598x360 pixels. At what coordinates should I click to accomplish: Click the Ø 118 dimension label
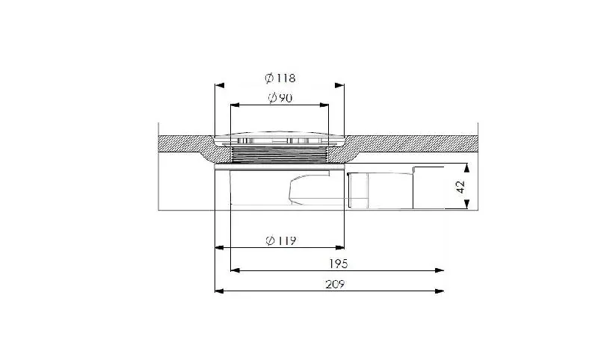coord(280,78)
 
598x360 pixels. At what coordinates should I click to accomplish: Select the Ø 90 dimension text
coord(280,98)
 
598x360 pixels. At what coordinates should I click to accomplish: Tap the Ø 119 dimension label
coord(281,240)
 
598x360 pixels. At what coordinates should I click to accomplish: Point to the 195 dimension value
coord(339,264)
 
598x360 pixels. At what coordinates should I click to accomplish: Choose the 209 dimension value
coord(335,284)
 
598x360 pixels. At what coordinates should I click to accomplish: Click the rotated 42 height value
coord(460,187)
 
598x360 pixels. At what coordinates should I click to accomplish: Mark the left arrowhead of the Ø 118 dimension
coord(220,85)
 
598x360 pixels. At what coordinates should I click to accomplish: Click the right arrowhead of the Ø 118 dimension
coord(339,85)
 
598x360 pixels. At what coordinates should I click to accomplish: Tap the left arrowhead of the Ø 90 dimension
coord(235,105)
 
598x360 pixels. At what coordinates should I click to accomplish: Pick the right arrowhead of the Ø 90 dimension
coord(324,105)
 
